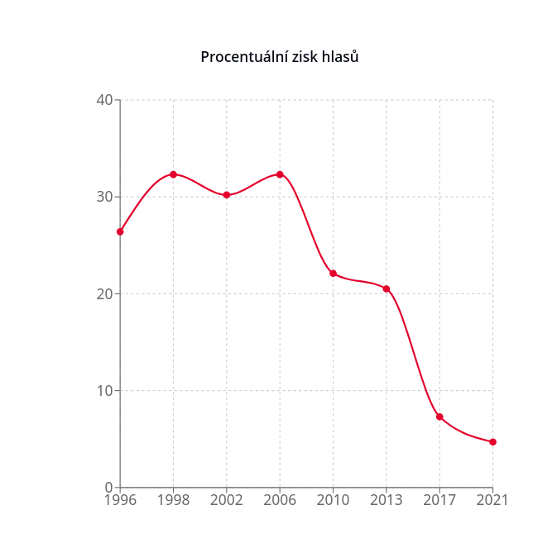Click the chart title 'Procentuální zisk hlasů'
[279, 57]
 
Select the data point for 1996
[120, 231]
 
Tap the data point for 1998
[173, 174]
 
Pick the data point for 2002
[226, 195]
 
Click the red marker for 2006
[280, 174]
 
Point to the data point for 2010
[333, 274]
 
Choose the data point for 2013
[386, 288]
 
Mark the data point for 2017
[439, 417]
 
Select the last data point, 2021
[492, 442]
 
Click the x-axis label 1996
[120, 500]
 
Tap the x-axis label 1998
[173, 500]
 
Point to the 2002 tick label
[226, 500]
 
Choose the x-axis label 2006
[280, 500]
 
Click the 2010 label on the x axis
[333, 500]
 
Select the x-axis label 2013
[386, 500]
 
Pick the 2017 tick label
[439, 500]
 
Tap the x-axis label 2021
[492, 500]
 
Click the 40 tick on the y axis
[104, 100]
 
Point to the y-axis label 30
[104, 197]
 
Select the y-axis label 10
[104, 390]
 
